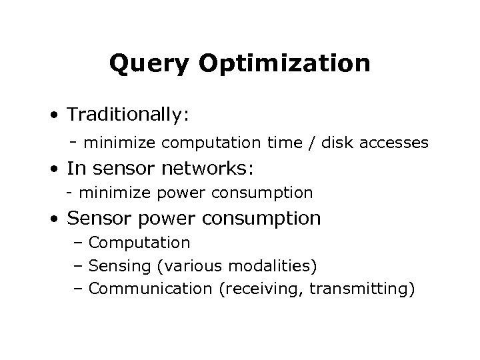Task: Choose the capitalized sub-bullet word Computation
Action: click(139, 243)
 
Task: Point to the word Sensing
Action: click(117, 266)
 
